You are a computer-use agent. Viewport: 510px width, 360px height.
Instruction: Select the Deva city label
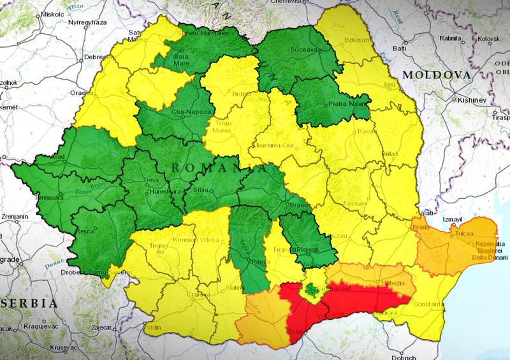151,180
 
